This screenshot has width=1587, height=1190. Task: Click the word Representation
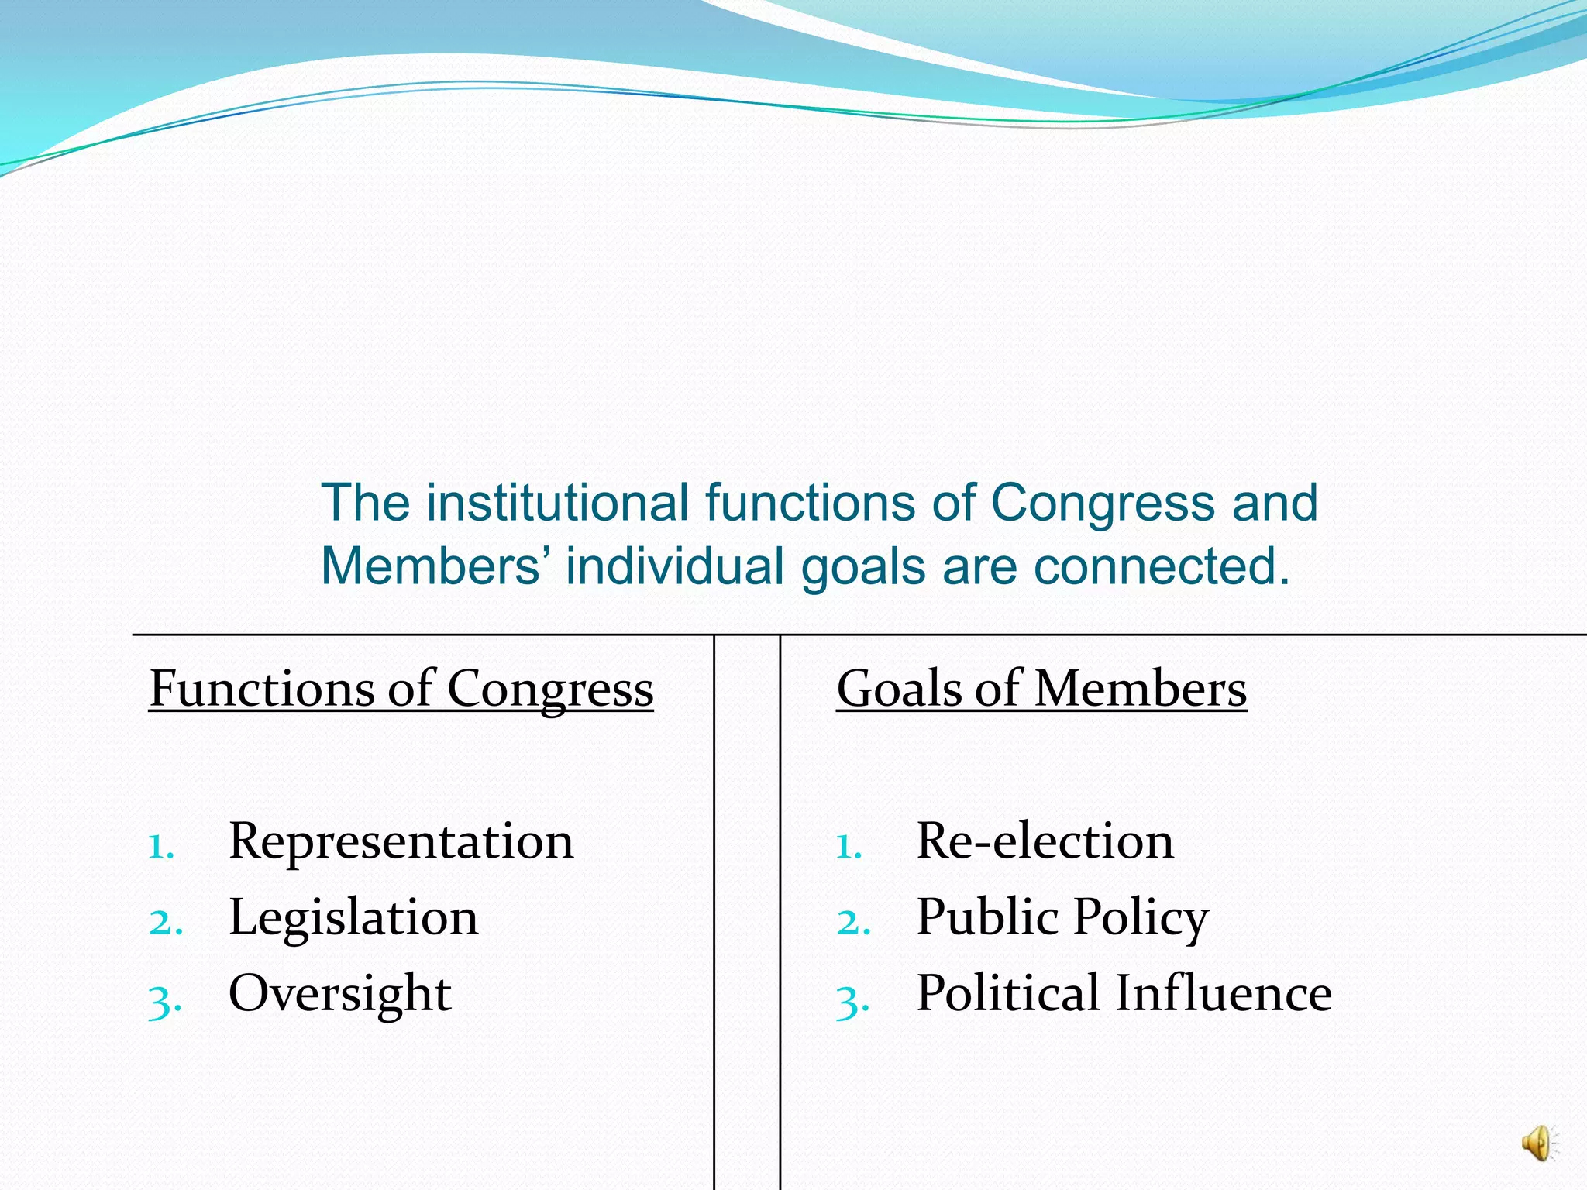point(401,841)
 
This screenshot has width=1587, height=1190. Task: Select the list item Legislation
point(353,918)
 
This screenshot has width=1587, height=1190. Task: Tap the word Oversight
point(339,994)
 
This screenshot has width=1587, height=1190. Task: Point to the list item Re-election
point(1045,841)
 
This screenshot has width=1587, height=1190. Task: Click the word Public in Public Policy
point(986,918)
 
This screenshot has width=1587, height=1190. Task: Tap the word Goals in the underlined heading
point(898,689)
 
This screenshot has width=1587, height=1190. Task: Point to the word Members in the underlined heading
point(1140,689)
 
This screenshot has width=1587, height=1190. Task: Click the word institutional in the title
point(557,503)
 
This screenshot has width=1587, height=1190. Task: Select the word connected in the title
point(1162,566)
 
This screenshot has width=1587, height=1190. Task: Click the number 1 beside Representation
point(160,846)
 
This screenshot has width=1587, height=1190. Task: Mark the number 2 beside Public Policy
point(853,923)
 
